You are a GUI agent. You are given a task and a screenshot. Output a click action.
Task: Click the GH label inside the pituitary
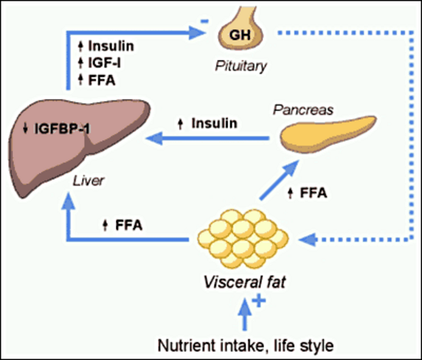point(240,35)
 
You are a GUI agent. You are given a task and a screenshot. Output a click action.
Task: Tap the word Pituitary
point(241,66)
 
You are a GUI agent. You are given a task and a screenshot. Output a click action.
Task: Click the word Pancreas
point(303,110)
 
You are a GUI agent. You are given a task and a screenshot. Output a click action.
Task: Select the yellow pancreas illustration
point(328,134)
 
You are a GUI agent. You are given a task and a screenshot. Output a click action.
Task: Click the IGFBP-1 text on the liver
point(62,128)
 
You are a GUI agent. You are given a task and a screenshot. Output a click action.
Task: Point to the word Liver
point(88,180)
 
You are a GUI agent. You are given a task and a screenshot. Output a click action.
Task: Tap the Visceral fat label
point(244,282)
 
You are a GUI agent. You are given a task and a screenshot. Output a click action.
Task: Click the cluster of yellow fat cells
point(243,239)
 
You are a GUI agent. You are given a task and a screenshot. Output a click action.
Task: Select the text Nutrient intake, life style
point(246,345)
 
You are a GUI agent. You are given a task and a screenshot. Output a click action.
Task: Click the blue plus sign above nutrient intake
point(259,300)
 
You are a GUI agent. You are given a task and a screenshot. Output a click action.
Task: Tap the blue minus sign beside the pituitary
point(205,21)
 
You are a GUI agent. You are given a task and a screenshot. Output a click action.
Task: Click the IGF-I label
point(104,63)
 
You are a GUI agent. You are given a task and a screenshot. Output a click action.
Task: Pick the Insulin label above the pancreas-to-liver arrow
point(214,124)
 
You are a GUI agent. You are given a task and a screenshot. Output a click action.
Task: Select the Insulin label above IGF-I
point(111,46)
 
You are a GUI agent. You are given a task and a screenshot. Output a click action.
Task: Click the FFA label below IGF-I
point(102,81)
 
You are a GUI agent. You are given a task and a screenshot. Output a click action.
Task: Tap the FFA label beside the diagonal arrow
point(314,193)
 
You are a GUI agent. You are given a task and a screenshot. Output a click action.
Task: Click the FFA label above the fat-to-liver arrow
point(129,225)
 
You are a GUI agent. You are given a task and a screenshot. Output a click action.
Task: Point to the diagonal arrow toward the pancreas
point(279,180)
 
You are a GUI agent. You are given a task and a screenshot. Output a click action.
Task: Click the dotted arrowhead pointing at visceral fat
point(308,239)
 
